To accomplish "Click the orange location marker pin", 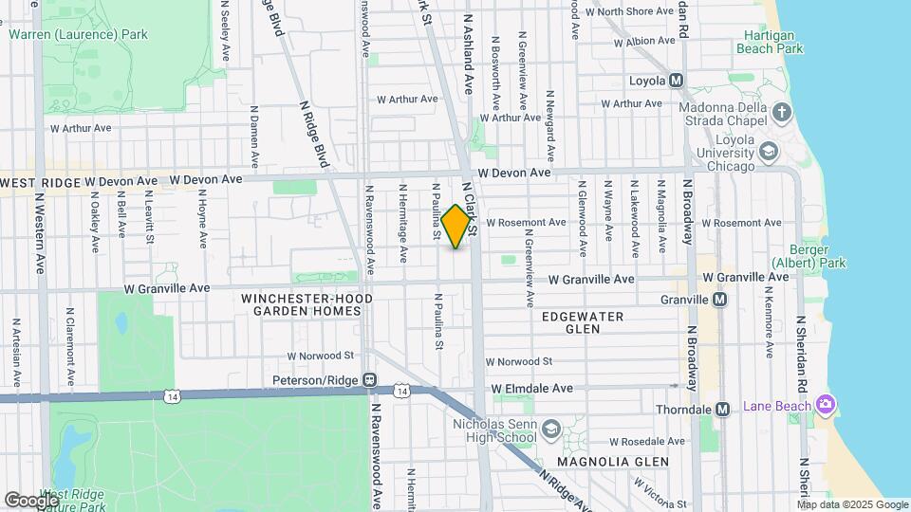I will [x=456, y=226].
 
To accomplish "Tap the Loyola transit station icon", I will [x=677, y=81].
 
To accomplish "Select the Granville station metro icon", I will [x=719, y=300].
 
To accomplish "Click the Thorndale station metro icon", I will [x=723, y=410].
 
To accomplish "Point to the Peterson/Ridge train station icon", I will [x=370, y=380].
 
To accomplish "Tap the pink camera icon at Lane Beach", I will [x=826, y=406].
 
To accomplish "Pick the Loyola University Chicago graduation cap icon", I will [x=768, y=152].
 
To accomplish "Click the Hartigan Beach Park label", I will [x=768, y=42].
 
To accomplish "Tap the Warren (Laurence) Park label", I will [x=78, y=35].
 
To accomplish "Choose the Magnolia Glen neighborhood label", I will [x=613, y=462].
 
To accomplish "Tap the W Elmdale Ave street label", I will [x=532, y=389].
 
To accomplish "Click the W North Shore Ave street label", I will [x=629, y=11].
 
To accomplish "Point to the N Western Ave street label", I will [x=40, y=233].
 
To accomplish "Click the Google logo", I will [x=31, y=500].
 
